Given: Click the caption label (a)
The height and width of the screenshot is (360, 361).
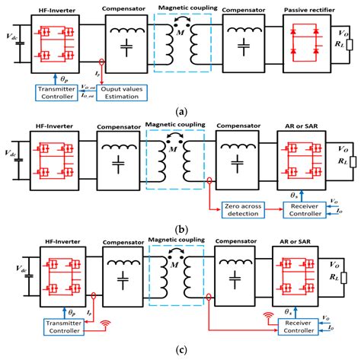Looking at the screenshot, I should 180,111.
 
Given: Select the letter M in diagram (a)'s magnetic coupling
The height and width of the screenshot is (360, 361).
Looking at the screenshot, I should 180,34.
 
